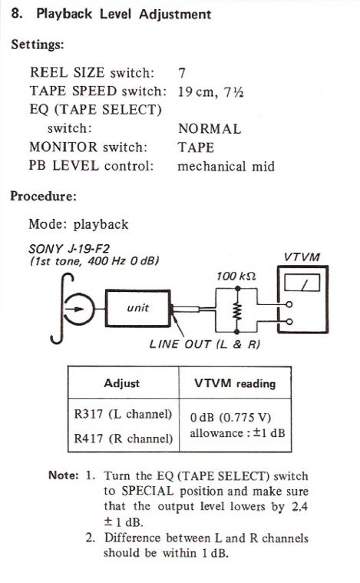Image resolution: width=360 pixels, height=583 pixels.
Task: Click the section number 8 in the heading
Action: click(15, 14)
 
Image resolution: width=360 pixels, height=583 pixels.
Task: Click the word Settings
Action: click(37, 45)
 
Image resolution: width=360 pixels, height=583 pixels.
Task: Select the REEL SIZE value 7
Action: click(182, 72)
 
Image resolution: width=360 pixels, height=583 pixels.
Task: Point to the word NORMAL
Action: click(210, 128)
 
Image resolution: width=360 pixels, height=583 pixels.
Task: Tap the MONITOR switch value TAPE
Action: click(196, 147)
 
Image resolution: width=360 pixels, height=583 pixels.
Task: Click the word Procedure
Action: click(43, 196)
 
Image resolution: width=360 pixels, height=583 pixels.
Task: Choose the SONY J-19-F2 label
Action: click(69, 248)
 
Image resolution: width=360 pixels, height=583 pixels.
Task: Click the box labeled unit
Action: click(138, 308)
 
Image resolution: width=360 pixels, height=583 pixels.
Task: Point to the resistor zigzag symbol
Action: click(237, 310)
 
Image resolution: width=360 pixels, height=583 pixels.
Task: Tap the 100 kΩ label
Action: click(236, 277)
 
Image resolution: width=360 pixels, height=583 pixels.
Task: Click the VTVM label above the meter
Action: click(302, 257)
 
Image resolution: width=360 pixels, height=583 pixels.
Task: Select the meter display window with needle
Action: click(302, 283)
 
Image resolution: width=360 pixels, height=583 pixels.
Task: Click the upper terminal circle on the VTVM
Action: click(289, 305)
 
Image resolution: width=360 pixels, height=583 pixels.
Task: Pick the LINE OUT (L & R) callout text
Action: click(205, 344)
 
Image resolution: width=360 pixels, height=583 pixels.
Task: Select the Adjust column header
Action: click(122, 383)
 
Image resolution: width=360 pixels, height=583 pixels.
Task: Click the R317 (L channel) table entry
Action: click(123, 414)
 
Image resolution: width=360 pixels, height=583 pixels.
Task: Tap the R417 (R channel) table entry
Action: click(124, 439)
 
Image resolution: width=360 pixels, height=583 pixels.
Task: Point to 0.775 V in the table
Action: click(245, 418)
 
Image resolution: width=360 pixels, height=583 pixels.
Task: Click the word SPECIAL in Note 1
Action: click(147, 491)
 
